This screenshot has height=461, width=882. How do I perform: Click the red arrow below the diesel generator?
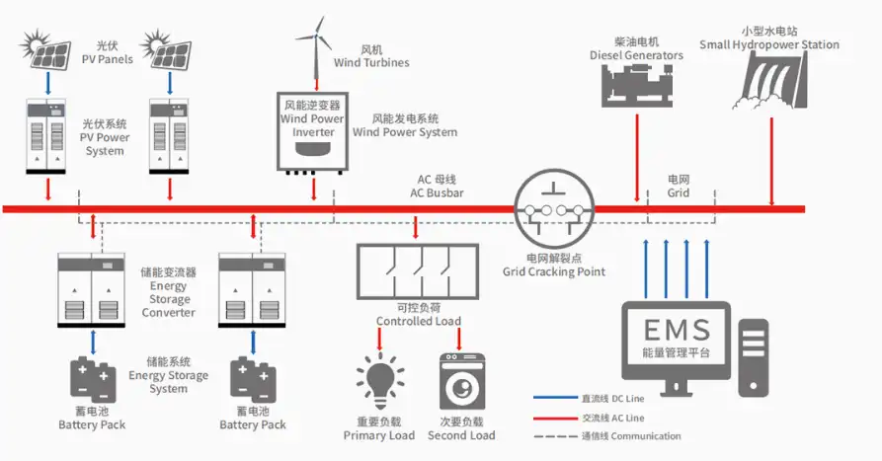pyautogui.click(x=634, y=158)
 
